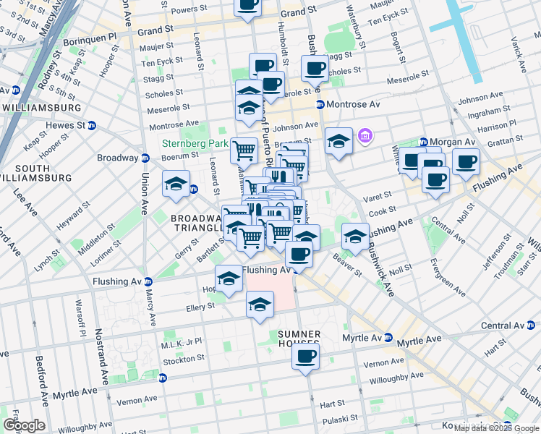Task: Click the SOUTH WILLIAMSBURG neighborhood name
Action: pos(36,172)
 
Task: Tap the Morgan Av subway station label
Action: pos(450,141)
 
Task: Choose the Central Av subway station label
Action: pos(506,325)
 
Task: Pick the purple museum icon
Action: pos(365,136)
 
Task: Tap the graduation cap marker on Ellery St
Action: pos(260,305)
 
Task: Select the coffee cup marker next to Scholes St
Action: pos(315,69)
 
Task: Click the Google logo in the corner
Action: pos(24,425)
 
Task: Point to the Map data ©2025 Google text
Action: pos(496,428)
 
